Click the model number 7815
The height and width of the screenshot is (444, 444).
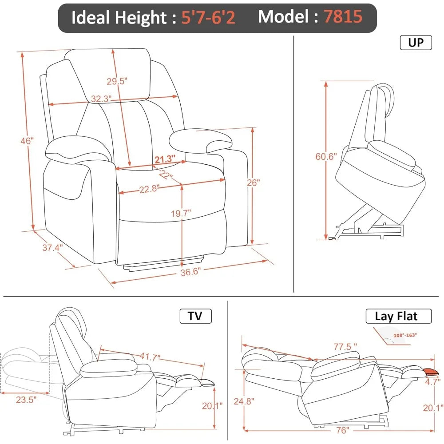click(342, 17)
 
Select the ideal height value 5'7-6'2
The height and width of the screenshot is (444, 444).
click(208, 18)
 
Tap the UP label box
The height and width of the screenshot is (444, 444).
click(416, 43)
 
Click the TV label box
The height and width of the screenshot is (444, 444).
click(195, 316)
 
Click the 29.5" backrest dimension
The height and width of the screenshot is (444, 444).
click(117, 81)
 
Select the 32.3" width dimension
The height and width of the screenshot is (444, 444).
click(101, 99)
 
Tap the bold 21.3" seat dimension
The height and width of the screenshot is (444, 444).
click(165, 159)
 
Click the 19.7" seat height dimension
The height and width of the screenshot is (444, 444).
click(181, 213)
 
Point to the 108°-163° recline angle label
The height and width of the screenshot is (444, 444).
click(406, 335)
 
